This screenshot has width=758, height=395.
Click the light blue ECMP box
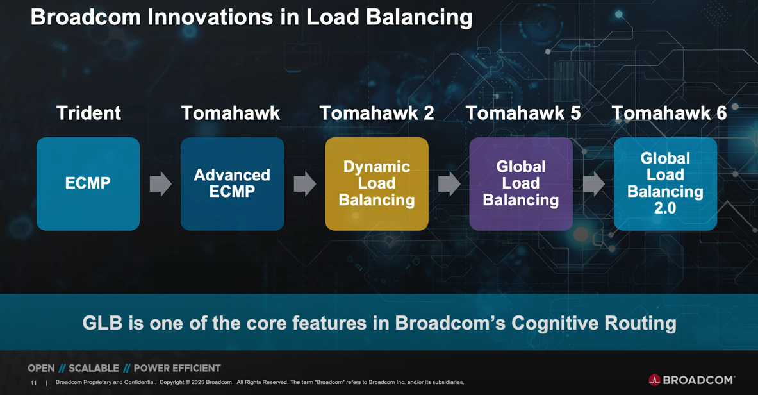[88, 183]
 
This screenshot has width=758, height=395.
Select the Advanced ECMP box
[232, 183]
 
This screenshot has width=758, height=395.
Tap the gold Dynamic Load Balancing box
[376, 183]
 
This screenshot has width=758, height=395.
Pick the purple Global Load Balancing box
[520, 183]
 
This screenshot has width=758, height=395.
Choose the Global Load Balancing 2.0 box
[665, 183]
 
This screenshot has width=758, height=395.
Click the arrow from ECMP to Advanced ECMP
[160, 184]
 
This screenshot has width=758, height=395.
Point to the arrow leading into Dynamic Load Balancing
[304, 184]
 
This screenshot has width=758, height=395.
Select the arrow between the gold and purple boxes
[449, 184]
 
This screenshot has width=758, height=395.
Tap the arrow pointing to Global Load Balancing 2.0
[593, 184]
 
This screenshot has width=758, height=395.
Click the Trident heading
[88, 113]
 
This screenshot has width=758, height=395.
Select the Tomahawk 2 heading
[376, 113]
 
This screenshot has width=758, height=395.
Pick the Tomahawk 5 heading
[523, 113]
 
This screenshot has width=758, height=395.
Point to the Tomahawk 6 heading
[669, 113]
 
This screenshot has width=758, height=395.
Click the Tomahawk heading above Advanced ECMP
[231, 113]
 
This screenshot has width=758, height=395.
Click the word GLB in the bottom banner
[103, 323]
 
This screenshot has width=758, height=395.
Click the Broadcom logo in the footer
[691, 380]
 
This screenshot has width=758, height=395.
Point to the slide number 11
[33, 383]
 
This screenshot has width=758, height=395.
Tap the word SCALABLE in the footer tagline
[94, 368]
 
